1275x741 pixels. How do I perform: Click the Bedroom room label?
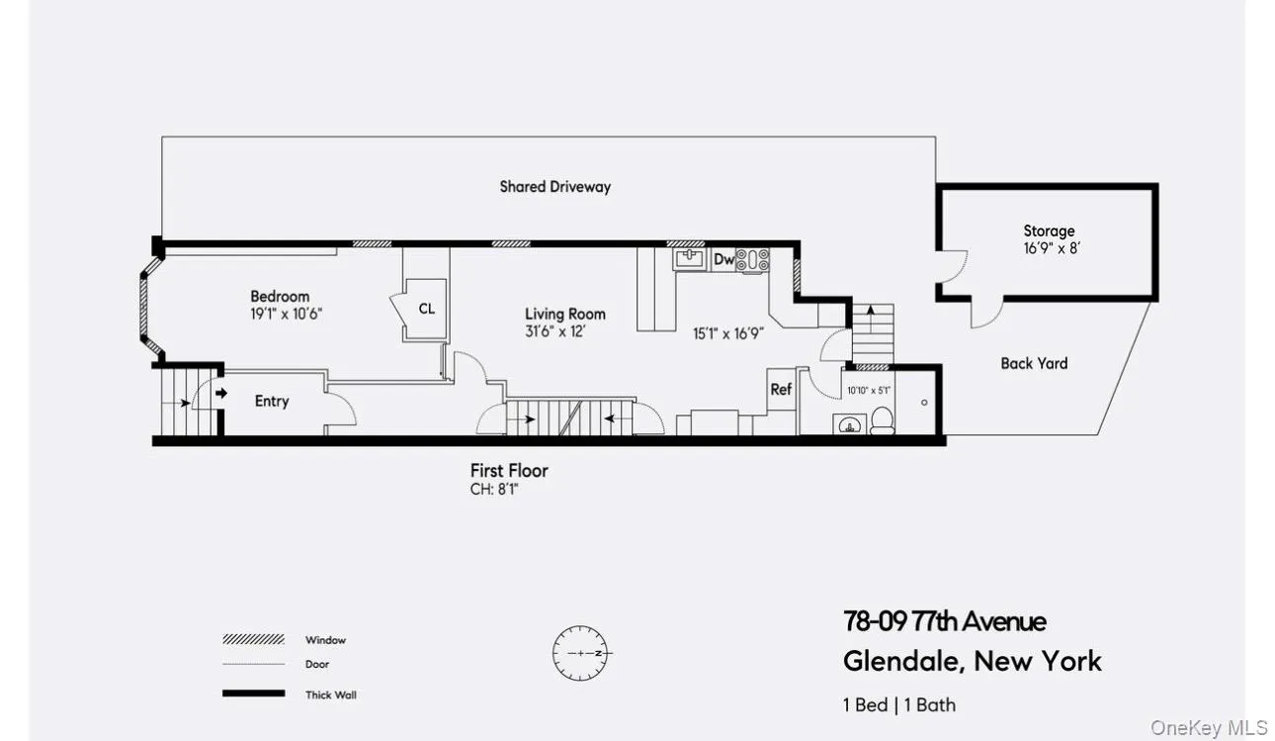(x=280, y=296)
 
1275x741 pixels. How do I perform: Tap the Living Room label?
(x=565, y=314)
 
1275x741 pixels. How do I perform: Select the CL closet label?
(x=426, y=309)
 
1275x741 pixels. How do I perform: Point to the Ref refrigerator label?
(x=781, y=389)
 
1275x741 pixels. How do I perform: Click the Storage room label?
(x=1049, y=231)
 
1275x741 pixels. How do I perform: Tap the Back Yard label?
(x=1034, y=363)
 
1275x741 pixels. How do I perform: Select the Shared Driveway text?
(x=554, y=186)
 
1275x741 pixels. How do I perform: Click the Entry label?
(x=272, y=401)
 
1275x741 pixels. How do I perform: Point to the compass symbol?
(x=582, y=653)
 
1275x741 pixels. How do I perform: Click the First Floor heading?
(x=509, y=470)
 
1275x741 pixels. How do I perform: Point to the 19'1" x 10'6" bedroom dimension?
(x=287, y=314)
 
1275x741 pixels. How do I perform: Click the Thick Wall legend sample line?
(x=253, y=695)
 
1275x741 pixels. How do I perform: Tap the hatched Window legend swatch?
(x=253, y=640)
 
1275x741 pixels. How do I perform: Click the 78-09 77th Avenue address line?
(x=944, y=621)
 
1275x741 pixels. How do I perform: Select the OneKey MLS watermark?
(x=1209, y=728)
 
